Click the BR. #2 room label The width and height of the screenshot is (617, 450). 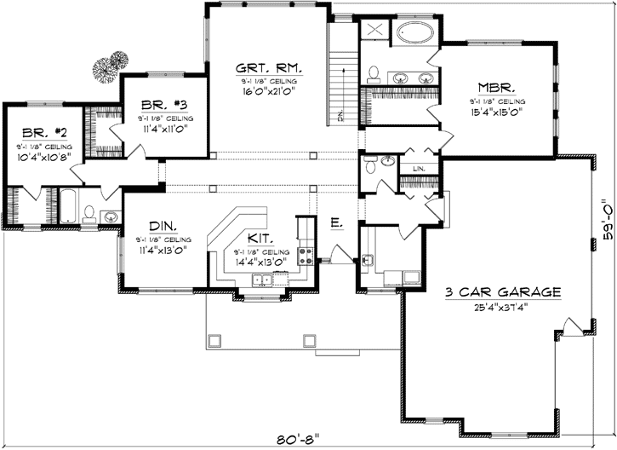(x=39, y=134)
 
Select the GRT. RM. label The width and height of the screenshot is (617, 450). (x=267, y=67)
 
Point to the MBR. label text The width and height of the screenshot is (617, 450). (x=494, y=86)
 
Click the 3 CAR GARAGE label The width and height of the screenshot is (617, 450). (x=503, y=292)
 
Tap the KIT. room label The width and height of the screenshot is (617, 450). (x=260, y=239)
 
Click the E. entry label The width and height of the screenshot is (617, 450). (x=336, y=224)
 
